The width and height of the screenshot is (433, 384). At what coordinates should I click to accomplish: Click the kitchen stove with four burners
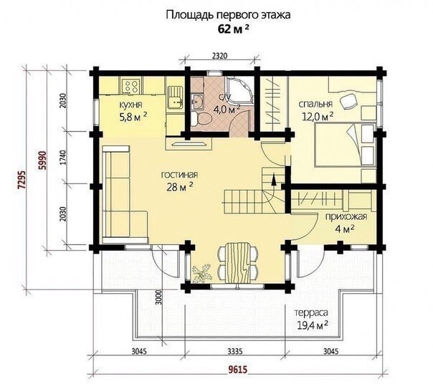pyautogui.click(x=131, y=85)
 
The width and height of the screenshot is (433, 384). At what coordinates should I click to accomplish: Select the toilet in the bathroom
pyautogui.click(x=201, y=119)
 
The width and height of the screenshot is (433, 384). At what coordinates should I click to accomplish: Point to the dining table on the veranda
pyautogui.click(x=239, y=262)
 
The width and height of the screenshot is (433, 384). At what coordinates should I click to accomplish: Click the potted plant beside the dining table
pyautogui.click(x=201, y=273)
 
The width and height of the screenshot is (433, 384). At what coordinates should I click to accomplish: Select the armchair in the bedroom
pyautogui.click(x=348, y=101)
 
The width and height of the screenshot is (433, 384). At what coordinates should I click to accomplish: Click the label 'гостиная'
pyautogui.click(x=179, y=175)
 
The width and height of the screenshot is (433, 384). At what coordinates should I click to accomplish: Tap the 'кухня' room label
pyautogui.click(x=130, y=105)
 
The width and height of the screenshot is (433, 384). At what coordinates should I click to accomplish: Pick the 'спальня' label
pyautogui.click(x=315, y=104)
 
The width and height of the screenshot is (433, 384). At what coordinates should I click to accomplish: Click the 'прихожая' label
pyautogui.click(x=346, y=216)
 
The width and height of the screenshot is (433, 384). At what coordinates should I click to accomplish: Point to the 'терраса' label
pyautogui.click(x=311, y=313)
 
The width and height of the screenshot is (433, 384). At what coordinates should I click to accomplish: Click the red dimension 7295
pyautogui.click(x=22, y=180)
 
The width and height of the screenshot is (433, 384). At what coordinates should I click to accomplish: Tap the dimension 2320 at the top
pyautogui.click(x=219, y=56)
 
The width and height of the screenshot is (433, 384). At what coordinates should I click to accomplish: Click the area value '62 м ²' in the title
pyautogui.click(x=231, y=29)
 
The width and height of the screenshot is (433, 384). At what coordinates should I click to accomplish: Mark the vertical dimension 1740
pyautogui.click(x=63, y=158)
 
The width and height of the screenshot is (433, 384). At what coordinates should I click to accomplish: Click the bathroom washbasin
pyautogui.click(x=197, y=101)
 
